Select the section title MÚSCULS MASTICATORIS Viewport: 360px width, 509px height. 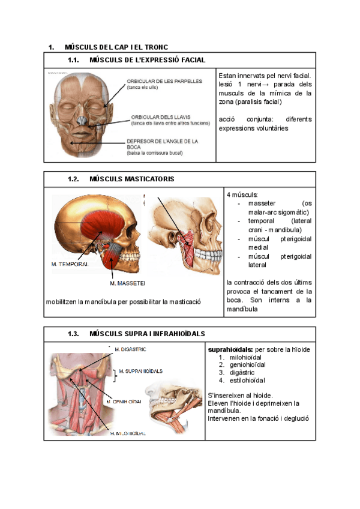coord(131,179)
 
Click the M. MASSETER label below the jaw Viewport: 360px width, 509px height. coord(128,283)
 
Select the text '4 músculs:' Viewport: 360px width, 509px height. coord(242,195)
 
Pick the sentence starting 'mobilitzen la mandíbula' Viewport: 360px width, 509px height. coord(123,301)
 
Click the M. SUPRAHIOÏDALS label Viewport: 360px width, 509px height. coord(142,371)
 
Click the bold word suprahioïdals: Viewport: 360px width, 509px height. coord(230,349)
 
